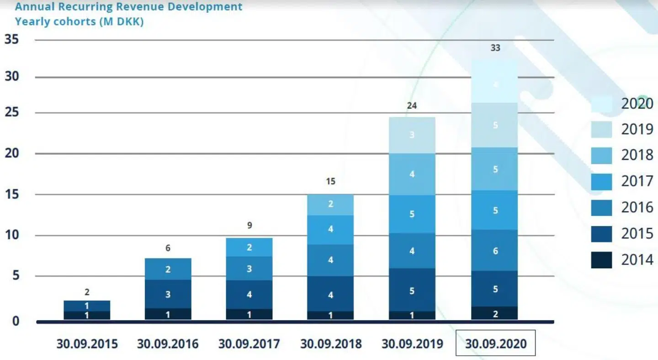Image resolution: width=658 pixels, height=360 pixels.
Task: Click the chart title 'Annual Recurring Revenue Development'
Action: click(128, 7)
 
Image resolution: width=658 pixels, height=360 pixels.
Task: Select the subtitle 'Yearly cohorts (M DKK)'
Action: click(79, 21)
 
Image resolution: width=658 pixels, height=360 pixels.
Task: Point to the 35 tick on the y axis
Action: click(12, 40)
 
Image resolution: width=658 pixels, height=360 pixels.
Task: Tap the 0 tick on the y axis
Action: click(16, 321)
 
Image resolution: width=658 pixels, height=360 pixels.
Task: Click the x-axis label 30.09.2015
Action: click(87, 344)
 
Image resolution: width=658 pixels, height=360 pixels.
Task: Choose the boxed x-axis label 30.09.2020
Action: click(495, 344)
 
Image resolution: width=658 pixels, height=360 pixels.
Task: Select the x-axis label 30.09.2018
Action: click(330, 344)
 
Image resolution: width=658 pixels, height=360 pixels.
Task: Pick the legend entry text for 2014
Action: click(637, 260)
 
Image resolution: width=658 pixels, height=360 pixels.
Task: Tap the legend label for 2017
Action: click(637, 181)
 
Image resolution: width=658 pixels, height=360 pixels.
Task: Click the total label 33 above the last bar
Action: click(495, 48)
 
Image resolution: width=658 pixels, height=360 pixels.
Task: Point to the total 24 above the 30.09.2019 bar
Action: click(412, 106)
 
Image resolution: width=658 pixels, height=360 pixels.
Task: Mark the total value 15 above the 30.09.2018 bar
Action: click(330, 181)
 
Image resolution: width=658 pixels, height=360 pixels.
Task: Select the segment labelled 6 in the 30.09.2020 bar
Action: click(495, 250)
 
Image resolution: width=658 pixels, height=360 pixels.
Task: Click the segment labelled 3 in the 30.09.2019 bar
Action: click(412, 135)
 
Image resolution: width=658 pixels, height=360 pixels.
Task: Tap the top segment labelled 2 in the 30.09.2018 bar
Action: click(330, 204)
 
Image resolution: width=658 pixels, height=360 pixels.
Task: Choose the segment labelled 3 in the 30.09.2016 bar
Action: click(168, 294)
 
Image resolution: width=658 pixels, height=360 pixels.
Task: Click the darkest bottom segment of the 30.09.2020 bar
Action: click(495, 313)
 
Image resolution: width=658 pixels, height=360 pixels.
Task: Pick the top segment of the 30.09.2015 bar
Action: click(87, 306)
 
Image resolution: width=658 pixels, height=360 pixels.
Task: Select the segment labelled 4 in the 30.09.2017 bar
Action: click(249, 295)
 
